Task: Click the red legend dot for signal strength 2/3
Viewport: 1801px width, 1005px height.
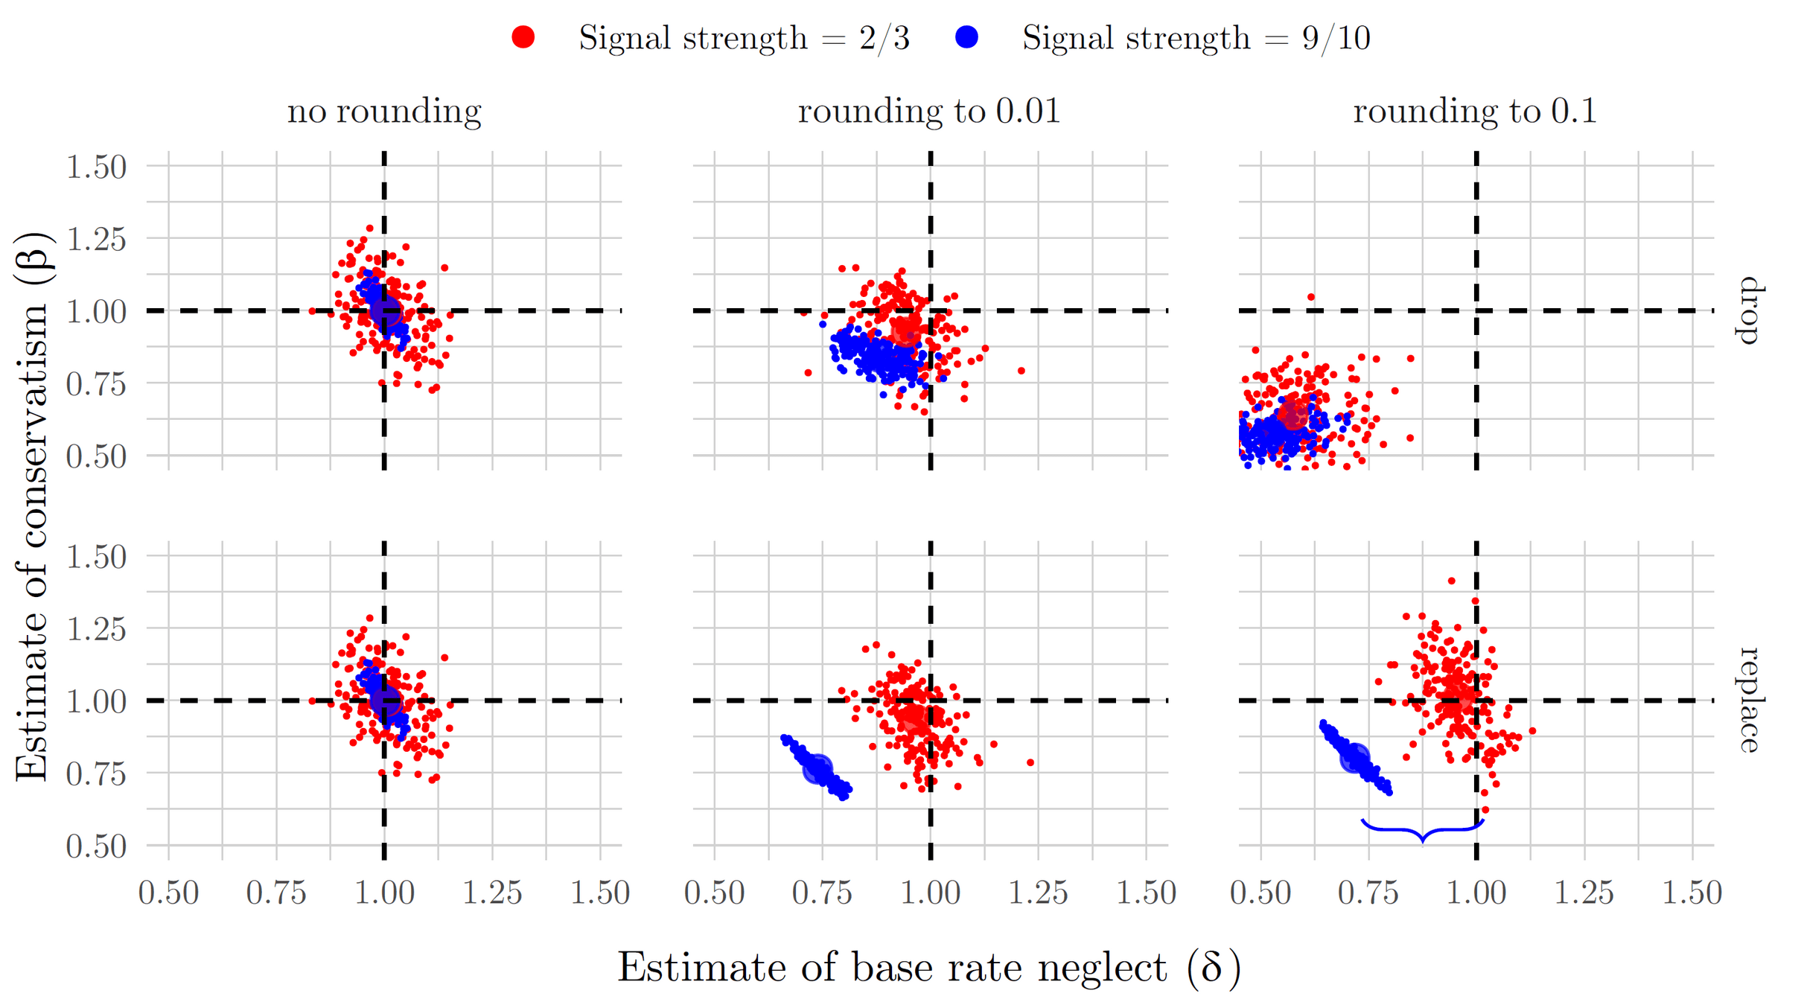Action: [x=523, y=37]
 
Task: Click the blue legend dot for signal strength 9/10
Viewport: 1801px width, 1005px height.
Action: [x=966, y=37]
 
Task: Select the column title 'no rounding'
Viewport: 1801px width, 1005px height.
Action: [x=384, y=112]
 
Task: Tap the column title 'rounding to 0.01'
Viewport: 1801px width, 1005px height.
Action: [x=928, y=112]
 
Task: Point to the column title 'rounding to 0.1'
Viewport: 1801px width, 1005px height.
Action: [x=1474, y=112]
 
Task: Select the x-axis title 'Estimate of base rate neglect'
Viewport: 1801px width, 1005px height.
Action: [x=928, y=969]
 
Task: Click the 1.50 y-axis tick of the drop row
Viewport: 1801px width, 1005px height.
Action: [x=96, y=167]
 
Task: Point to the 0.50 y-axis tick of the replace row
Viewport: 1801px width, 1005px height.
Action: [x=96, y=846]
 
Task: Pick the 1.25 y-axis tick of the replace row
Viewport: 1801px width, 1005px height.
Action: [x=96, y=629]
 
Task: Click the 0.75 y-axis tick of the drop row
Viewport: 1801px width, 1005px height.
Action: [x=96, y=384]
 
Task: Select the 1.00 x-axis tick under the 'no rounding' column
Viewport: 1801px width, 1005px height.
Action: [x=384, y=893]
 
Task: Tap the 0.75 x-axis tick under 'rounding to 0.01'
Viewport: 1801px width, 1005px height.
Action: [x=822, y=893]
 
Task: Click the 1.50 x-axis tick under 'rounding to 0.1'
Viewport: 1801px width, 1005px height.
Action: [x=1692, y=893]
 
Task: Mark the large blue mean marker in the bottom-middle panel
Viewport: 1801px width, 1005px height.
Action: [x=817, y=768]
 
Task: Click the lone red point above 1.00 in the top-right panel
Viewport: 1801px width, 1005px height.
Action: [x=1311, y=297]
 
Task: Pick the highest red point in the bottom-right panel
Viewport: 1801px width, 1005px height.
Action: [x=1451, y=581]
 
